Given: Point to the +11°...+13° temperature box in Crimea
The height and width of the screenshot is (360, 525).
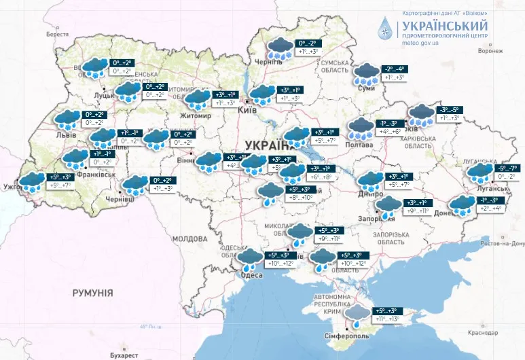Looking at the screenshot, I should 384,319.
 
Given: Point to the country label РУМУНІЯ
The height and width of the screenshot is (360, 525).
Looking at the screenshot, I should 92,292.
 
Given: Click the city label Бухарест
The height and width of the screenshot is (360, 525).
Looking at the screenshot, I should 122,355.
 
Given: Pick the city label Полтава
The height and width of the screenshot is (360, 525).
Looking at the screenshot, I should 359,145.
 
